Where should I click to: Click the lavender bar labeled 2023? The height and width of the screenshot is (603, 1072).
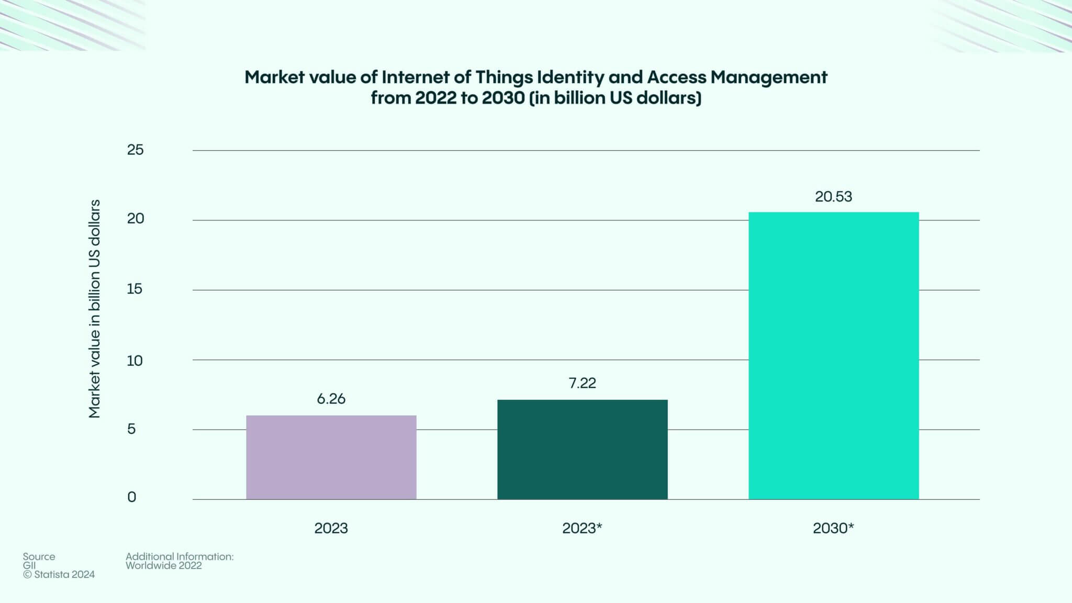point(331,457)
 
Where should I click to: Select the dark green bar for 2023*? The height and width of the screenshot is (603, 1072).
point(582,449)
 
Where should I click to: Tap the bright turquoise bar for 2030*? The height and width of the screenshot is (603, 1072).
point(833,355)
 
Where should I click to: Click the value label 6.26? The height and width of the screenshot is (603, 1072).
point(331,399)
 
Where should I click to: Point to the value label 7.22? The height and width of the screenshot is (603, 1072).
point(582,383)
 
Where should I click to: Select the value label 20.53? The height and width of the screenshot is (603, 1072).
point(833,197)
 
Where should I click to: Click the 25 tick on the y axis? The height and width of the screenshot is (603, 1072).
point(135,150)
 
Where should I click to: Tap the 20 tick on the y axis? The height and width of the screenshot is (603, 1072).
point(135,219)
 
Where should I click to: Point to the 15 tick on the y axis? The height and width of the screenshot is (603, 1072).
point(135,289)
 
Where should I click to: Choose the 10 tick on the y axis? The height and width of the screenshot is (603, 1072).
point(135,361)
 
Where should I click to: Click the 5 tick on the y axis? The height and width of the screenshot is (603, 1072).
point(131,429)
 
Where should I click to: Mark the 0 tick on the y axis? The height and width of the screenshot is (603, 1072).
point(131,497)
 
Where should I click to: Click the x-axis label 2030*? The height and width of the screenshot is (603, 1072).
point(833,528)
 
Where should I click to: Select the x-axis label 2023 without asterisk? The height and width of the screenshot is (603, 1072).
point(331,528)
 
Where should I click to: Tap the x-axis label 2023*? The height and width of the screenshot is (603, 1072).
point(582,528)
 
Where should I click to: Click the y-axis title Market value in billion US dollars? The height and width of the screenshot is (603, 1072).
point(94,309)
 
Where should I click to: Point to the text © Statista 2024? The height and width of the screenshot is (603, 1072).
point(59,575)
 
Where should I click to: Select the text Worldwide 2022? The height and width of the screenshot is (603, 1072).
point(163,566)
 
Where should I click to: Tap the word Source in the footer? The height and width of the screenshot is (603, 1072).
point(39,556)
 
